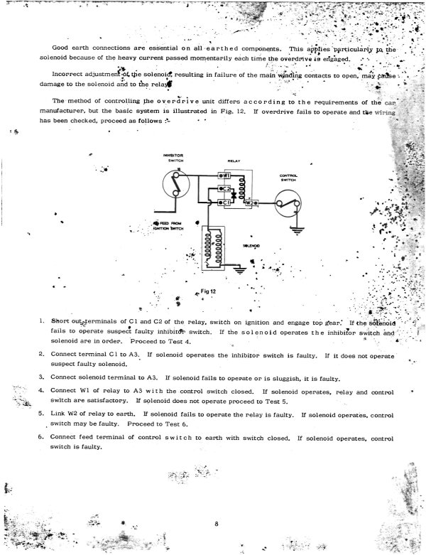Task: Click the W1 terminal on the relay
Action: point(222,176)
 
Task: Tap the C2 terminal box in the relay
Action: point(222,188)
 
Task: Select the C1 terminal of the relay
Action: point(223,203)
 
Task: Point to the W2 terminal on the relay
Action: point(251,203)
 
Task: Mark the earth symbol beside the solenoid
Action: point(240,271)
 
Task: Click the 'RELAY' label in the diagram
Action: point(235,161)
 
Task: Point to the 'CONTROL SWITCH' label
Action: point(288,178)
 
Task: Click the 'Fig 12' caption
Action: point(207,291)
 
